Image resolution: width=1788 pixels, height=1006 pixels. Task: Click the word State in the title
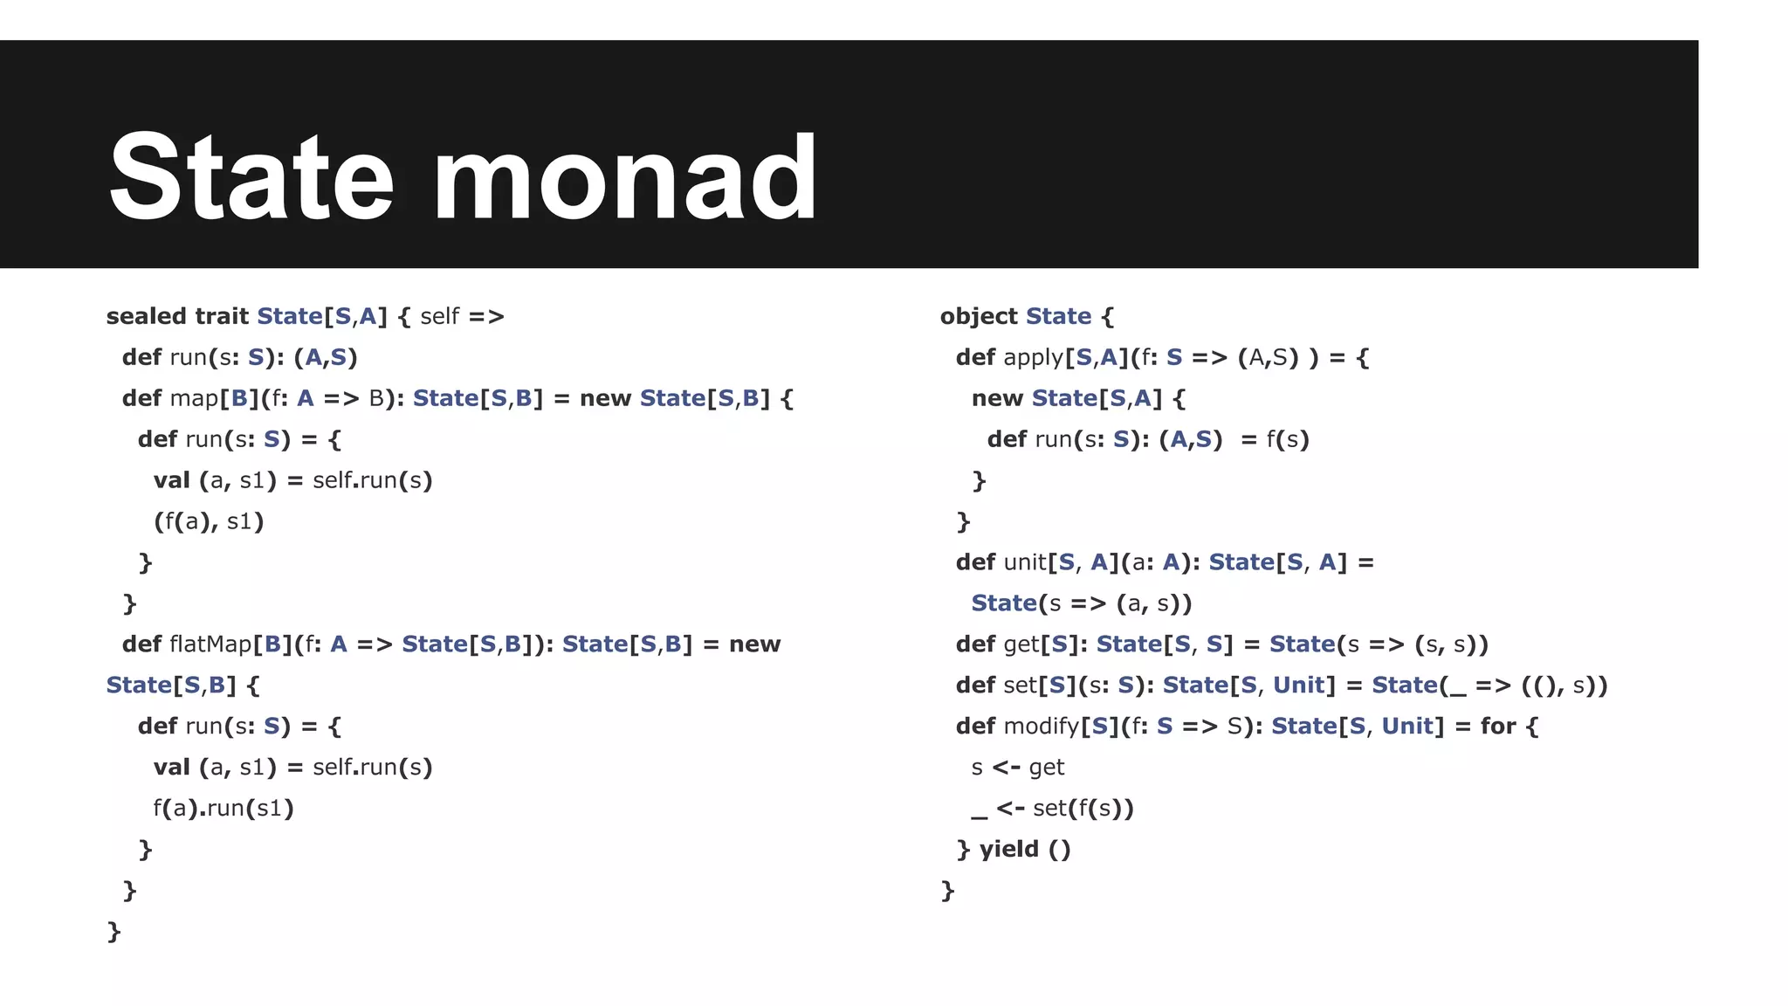(x=251, y=176)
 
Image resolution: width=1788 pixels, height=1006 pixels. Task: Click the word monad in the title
(x=625, y=176)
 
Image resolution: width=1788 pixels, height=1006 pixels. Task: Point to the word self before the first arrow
(x=439, y=316)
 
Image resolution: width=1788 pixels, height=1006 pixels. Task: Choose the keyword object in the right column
(x=979, y=316)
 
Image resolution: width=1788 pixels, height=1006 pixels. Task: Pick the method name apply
(x=1034, y=358)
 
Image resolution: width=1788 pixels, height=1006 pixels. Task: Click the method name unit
(x=1025, y=562)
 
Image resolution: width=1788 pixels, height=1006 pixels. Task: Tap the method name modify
(x=1042, y=727)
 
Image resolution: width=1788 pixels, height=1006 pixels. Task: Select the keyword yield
(x=1009, y=849)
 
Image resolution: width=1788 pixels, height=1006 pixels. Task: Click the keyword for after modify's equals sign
(x=1498, y=727)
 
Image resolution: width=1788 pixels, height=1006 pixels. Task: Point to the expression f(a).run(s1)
(x=223, y=809)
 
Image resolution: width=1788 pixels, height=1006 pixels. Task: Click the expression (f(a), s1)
(x=209, y=522)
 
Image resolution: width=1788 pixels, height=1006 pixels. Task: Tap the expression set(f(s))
(x=1083, y=809)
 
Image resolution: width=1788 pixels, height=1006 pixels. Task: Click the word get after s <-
(x=1047, y=768)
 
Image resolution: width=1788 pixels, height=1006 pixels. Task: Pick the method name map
(x=194, y=398)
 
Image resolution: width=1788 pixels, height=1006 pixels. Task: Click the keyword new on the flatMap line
(x=754, y=644)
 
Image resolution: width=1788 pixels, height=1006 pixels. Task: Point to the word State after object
(x=1058, y=316)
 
